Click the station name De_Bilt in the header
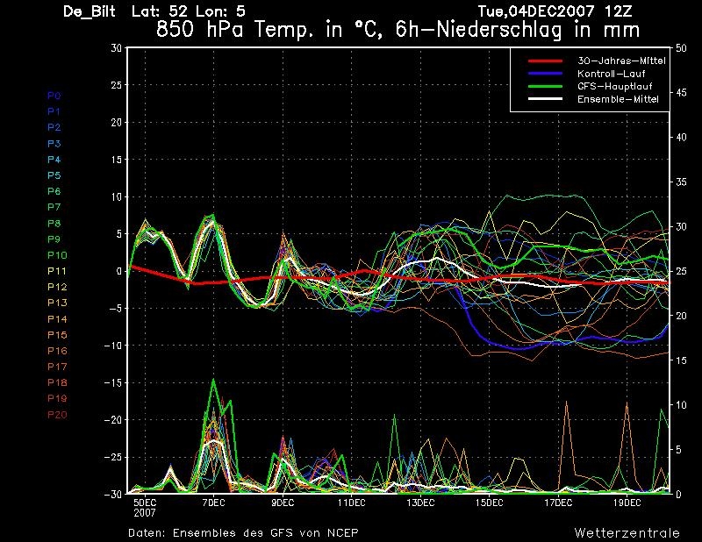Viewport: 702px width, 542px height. point(91,11)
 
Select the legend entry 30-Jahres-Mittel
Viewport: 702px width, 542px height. point(620,61)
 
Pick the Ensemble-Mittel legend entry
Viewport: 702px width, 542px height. point(617,99)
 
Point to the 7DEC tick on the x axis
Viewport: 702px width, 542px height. point(213,503)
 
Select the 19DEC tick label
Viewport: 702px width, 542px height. point(627,503)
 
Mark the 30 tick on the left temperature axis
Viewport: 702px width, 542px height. point(116,48)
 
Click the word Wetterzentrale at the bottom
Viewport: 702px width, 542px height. point(620,532)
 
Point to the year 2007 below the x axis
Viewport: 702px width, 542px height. point(145,512)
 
